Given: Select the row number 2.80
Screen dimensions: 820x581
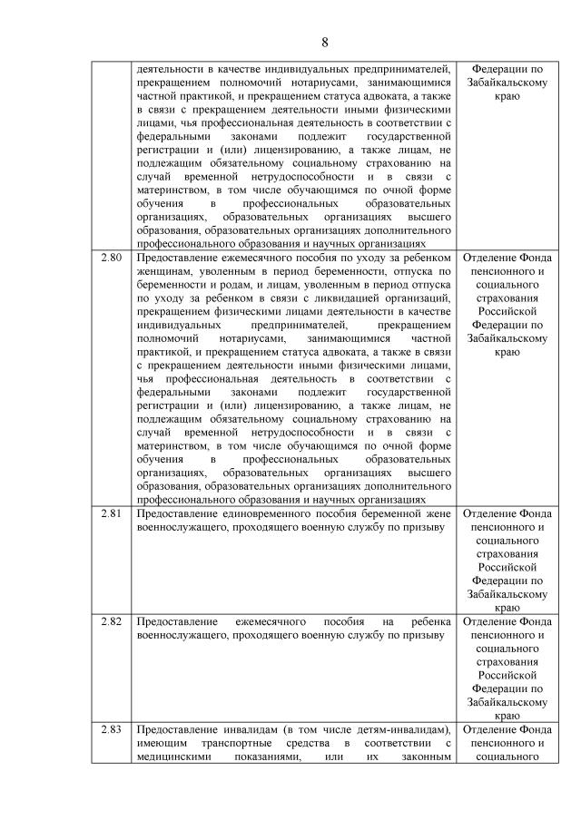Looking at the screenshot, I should click(x=113, y=259).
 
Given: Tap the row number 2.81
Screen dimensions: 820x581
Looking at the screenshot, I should click(x=113, y=512).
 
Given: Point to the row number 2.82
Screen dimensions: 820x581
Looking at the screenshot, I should click(x=113, y=621).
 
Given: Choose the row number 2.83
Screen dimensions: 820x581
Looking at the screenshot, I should click(x=113, y=730).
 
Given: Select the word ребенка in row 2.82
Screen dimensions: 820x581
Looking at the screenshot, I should click(x=429, y=621).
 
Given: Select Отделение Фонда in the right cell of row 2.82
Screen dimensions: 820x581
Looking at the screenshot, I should click(x=508, y=621).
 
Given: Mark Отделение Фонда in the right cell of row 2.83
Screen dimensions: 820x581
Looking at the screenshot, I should click(x=508, y=730).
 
